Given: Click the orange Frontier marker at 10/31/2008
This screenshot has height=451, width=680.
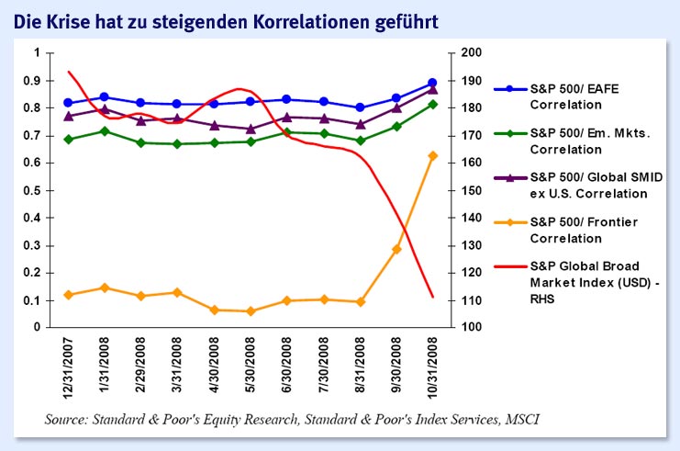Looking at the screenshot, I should click(x=432, y=156).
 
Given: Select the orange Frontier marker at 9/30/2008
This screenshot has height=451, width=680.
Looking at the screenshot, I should click(x=396, y=249).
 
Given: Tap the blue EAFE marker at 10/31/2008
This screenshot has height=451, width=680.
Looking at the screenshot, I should click(x=432, y=83).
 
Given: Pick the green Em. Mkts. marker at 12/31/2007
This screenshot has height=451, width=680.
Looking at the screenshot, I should click(x=69, y=139).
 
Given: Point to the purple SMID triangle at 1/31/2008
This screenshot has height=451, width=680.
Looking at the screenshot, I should click(x=105, y=109).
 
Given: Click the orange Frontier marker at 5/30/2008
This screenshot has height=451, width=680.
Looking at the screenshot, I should click(x=251, y=311).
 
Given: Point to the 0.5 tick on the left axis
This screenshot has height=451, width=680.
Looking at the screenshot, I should click(x=38, y=190).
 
